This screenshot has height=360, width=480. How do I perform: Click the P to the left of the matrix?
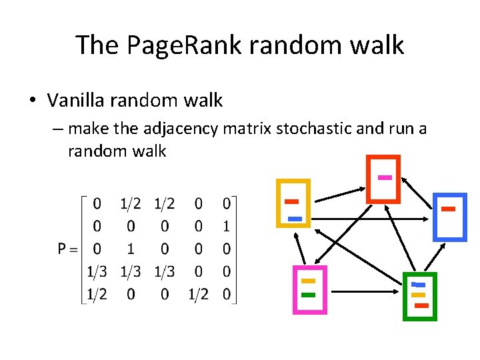(x=63, y=249)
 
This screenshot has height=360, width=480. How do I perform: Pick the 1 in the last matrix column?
(x=227, y=225)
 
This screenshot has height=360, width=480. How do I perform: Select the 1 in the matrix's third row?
(x=131, y=249)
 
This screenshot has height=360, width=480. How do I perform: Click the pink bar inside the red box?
(x=384, y=177)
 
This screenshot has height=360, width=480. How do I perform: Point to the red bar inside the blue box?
(x=448, y=209)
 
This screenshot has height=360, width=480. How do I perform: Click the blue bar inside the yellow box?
(x=295, y=218)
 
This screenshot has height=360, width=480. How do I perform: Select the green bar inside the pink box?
(x=307, y=294)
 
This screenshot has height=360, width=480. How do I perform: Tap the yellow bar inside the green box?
(x=418, y=294)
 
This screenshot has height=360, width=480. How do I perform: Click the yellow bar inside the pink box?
(x=307, y=281)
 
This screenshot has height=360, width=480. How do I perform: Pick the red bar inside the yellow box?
(x=291, y=201)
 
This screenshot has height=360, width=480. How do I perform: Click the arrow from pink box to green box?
(x=367, y=291)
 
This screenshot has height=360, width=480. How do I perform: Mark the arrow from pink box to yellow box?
(x=300, y=247)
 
